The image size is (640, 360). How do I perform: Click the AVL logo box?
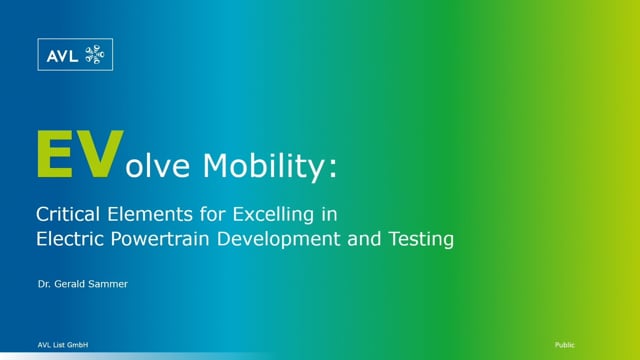tap(74, 56)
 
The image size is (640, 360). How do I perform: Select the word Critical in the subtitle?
tap(65, 214)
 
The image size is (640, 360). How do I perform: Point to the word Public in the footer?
tap(564, 343)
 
